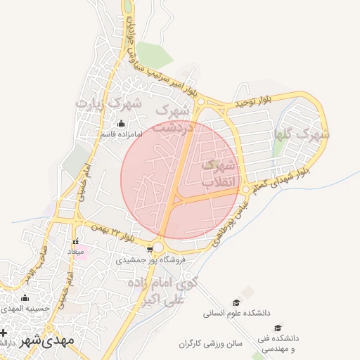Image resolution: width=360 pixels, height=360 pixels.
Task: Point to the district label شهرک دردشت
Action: pyautogui.click(x=172, y=119)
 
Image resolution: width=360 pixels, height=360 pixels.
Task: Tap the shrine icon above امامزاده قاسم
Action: pyautogui.click(x=120, y=123)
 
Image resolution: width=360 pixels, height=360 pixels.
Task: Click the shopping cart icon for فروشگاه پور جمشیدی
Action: pyautogui.click(x=150, y=250)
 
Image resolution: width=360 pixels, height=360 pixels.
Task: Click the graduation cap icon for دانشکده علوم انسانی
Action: pyautogui.click(x=236, y=302)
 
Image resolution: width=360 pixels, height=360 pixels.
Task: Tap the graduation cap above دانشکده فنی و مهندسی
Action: pyautogui.click(x=278, y=328)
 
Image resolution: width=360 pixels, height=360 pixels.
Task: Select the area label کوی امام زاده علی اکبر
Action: pyautogui.click(x=162, y=290)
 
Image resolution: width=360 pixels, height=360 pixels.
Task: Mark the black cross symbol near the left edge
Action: pyautogui.click(x=4, y=333)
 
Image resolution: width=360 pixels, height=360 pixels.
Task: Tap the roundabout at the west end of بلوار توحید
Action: pyautogui.click(x=200, y=103)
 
